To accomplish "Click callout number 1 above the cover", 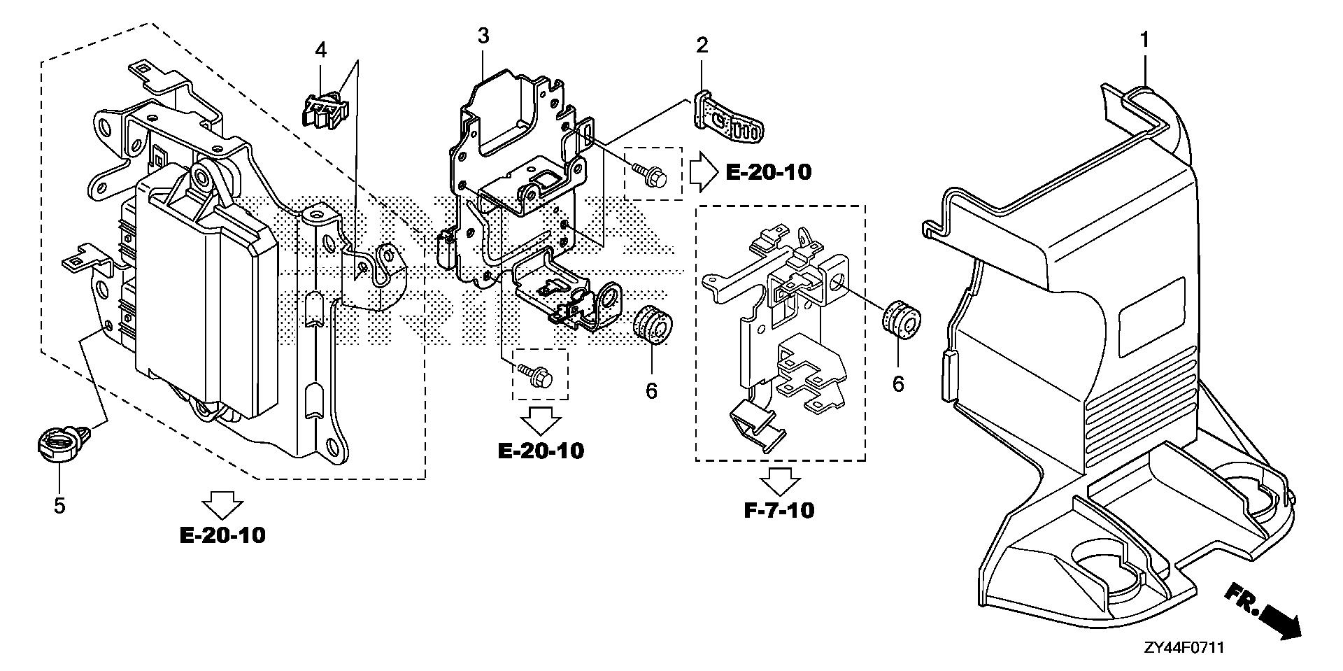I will (x=1144, y=41).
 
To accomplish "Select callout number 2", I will (x=702, y=46).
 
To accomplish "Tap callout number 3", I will (x=483, y=36).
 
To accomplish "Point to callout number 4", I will (x=320, y=50).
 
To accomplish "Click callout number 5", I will (x=59, y=504).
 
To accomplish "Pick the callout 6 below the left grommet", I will (x=651, y=390).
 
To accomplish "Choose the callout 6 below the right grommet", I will (x=898, y=383).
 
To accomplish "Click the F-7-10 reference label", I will (x=779, y=510).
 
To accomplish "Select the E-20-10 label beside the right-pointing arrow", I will (x=769, y=172).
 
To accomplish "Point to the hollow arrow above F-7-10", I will (x=780, y=482).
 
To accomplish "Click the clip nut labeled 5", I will (x=58, y=444).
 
